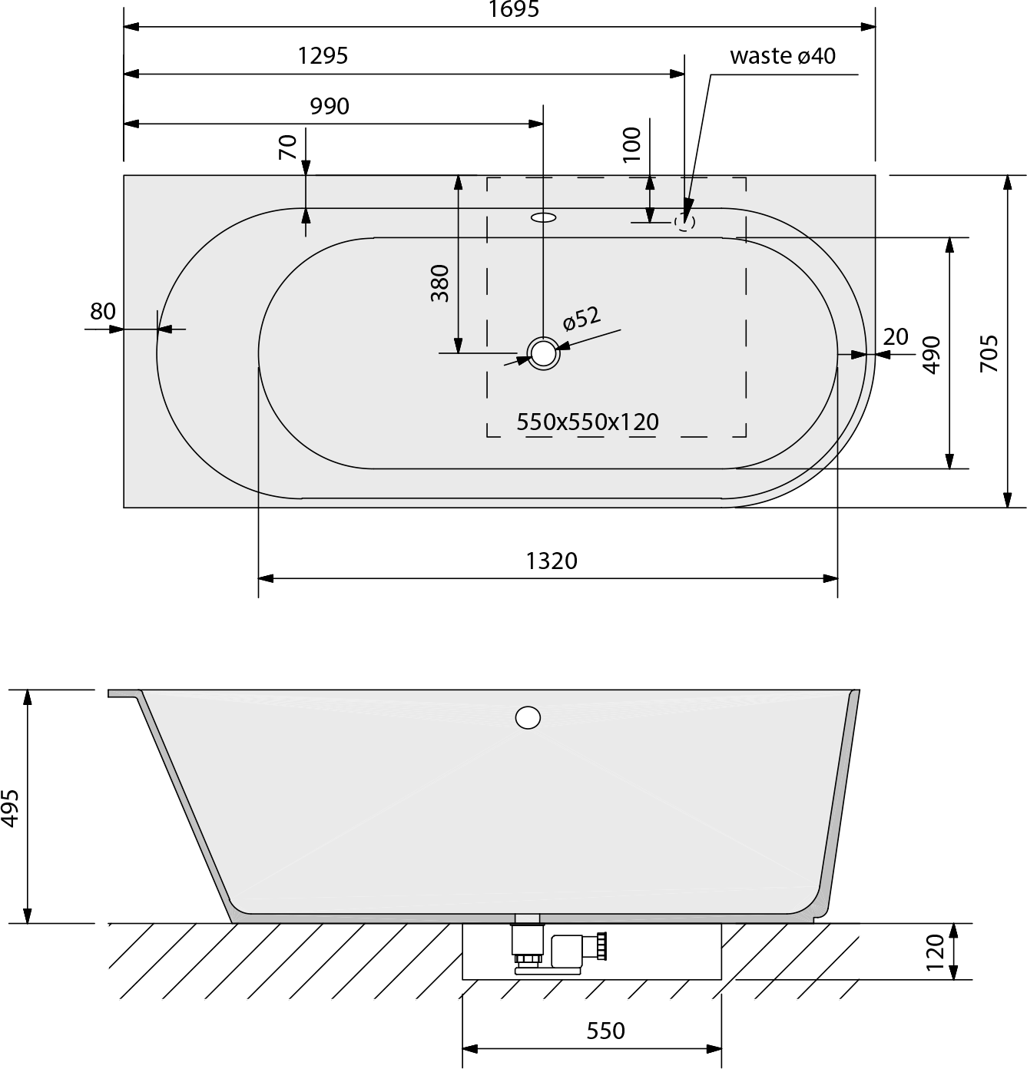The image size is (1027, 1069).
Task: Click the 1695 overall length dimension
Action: [x=514, y=8]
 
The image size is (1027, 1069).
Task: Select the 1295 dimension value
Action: [x=323, y=56]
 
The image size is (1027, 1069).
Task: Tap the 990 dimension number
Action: [x=330, y=107]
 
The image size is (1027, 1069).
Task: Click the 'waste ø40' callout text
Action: [x=783, y=56]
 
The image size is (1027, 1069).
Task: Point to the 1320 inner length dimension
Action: [x=552, y=561]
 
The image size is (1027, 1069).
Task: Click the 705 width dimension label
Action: [x=989, y=354]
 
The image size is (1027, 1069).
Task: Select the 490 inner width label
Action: [x=932, y=355]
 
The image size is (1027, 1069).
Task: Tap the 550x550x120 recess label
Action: [x=588, y=422]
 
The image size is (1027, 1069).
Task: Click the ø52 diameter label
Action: [x=581, y=318]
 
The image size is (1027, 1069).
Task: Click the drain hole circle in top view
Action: [x=543, y=353]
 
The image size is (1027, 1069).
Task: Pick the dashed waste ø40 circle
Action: [x=684, y=222]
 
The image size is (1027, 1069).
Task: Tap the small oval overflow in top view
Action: [x=543, y=217]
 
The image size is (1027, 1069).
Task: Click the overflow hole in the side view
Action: [x=528, y=717]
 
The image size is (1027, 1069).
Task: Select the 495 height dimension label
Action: [x=11, y=808]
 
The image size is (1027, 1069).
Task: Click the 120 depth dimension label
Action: [x=936, y=952]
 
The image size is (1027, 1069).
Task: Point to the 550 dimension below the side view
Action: [x=606, y=1031]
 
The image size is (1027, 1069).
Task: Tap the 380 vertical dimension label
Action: [x=440, y=283]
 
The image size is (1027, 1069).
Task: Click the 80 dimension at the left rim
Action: [x=103, y=312]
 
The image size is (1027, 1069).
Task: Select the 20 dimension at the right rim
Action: [x=896, y=336]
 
